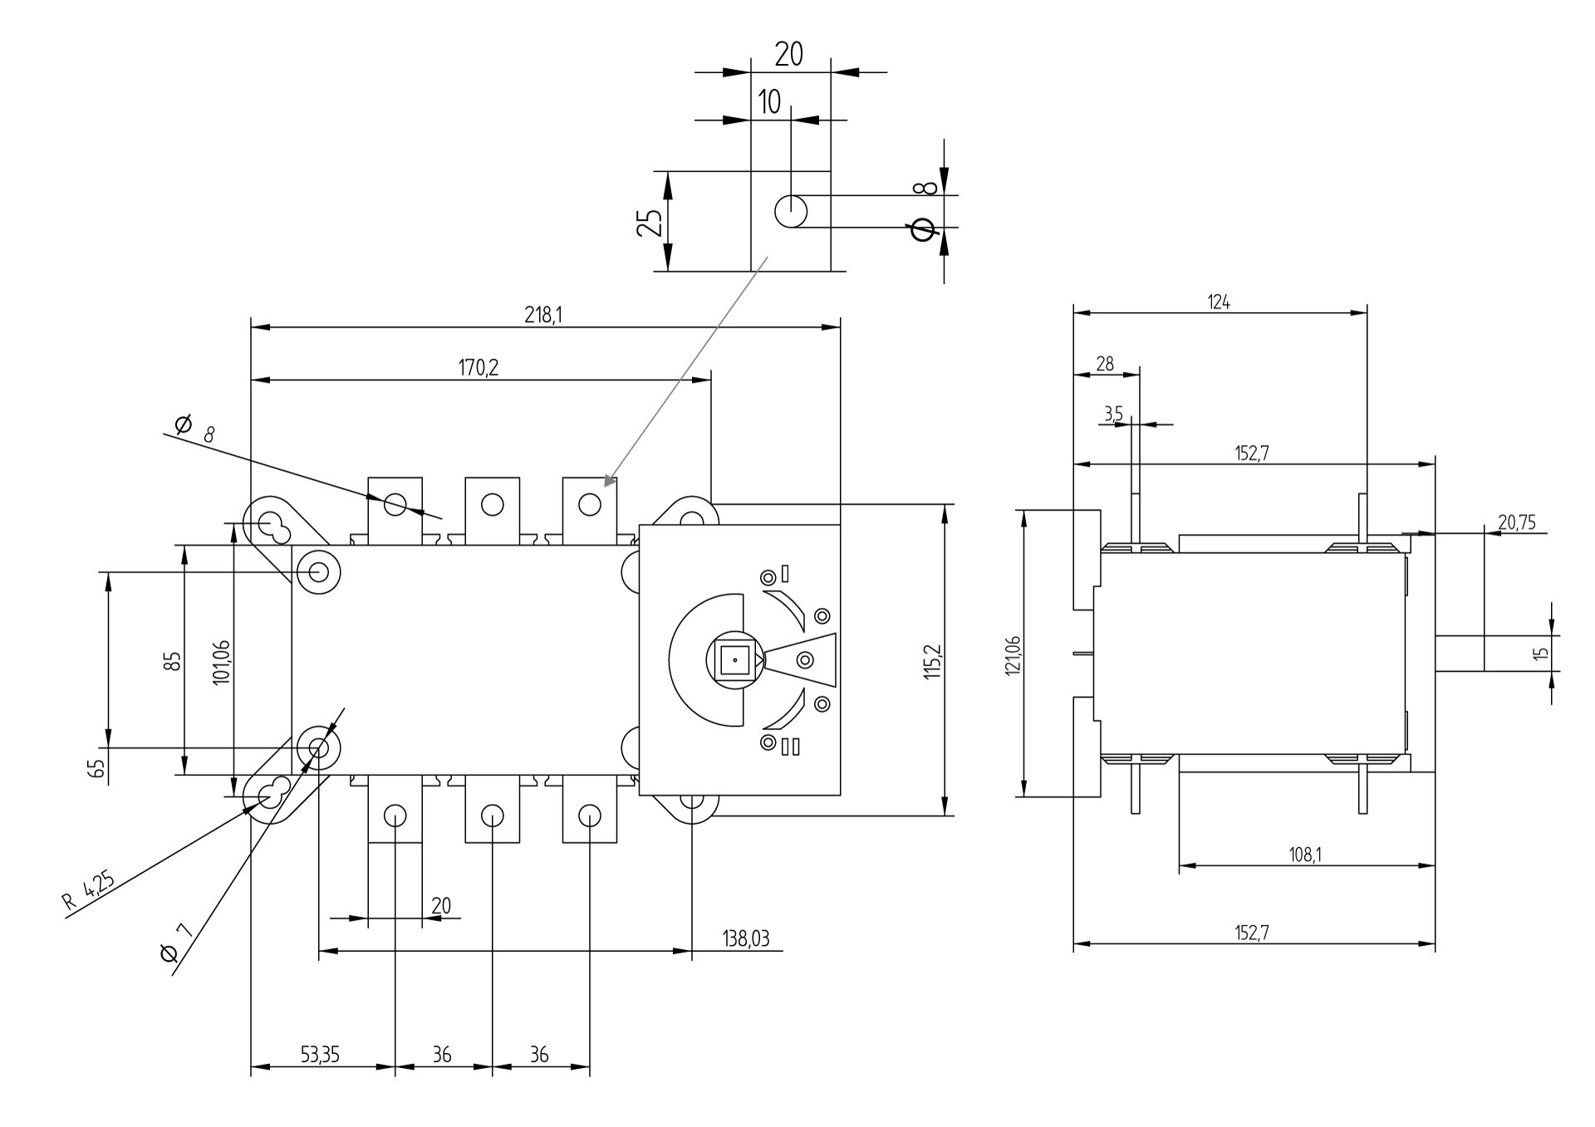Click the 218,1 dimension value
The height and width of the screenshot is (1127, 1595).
543,315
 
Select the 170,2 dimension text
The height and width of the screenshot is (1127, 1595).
478,367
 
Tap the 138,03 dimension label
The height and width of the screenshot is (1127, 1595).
745,938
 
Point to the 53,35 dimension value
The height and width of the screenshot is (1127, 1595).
320,1055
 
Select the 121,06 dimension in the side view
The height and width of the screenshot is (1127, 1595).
1012,655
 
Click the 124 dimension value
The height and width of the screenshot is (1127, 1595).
1219,302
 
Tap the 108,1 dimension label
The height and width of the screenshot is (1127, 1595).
1306,855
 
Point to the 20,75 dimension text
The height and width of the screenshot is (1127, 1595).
1517,522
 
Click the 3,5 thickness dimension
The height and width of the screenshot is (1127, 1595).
1113,413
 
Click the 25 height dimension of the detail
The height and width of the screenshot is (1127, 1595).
650,222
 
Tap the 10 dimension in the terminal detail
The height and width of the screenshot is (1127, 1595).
769,102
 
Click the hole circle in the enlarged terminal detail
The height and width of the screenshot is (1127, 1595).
791,211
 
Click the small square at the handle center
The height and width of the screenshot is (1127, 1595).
734,660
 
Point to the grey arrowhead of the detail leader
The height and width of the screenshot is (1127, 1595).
610,480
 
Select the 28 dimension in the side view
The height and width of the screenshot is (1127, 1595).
1105,364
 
